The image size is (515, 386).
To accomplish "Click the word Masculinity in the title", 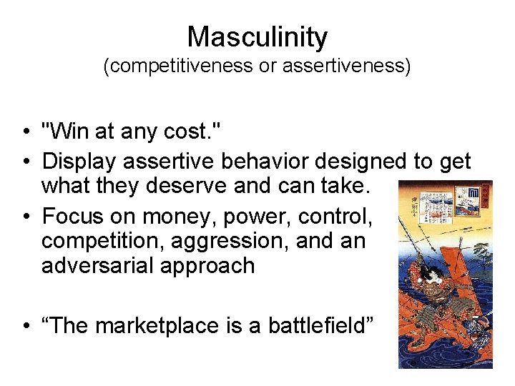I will (257, 36).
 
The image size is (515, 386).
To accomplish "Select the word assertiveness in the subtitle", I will (345, 68).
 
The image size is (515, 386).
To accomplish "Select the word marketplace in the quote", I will (162, 326).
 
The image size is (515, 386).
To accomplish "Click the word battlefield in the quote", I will (320, 326).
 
